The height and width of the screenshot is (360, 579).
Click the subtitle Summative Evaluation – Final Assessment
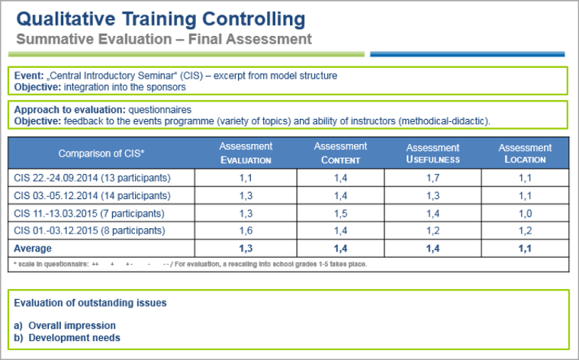pyautogui.click(x=163, y=38)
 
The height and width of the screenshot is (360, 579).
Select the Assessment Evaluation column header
pyautogui.click(x=246, y=153)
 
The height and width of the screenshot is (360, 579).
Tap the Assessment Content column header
pyautogui.click(x=340, y=153)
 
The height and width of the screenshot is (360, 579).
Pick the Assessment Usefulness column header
pyautogui.click(x=433, y=153)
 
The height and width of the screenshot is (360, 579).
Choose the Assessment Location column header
pyautogui.click(x=525, y=153)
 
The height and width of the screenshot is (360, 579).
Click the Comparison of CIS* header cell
pyautogui.click(x=101, y=153)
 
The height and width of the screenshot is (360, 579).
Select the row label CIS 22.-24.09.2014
pyautogui.click(x=92, y=178)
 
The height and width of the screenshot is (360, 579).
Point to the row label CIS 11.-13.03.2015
pyautogui.click(x=88, y=213)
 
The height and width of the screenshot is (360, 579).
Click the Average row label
pyautogui.click(x=33, y=248)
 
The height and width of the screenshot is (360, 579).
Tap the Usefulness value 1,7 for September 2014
pyautogui.click(x=433, y=178)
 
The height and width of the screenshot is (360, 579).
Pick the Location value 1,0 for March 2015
pyautogui.click(x=525, y=213)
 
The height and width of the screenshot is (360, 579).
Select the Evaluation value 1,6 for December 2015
pyautogui.click(x=246, y=230)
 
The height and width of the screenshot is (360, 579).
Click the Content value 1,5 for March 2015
pyautogui.click(x=340, y=213)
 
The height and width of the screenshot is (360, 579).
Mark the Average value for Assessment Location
pyautogui.click(x=525, y=248)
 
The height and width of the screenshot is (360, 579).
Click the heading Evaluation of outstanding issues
pyautogui.click(x=90, y=303)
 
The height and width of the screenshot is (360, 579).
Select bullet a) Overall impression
pyautogui.click(x=65, y=325)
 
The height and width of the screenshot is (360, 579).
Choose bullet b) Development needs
pyautogui.click(x=67, y=337)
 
